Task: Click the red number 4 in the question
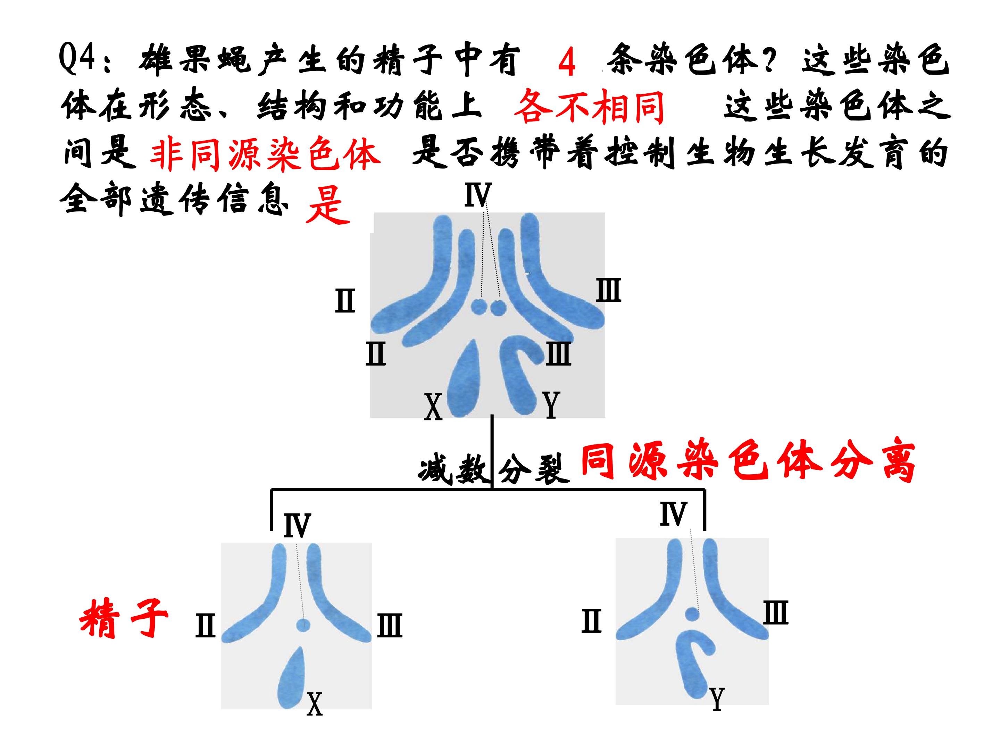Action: click(566, 62)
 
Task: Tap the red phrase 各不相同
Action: click(589, 107)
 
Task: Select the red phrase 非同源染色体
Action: click(265, 154)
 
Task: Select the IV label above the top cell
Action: click(477, 195)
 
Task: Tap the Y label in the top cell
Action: click(551, 405)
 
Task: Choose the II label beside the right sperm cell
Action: click(591, 621)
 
